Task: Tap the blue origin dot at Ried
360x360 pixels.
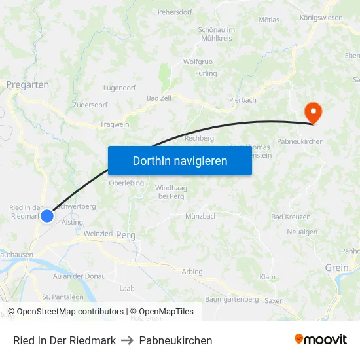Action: pyautogui.click(x=47, y=215)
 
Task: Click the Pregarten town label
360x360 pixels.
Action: pyautogui.click(x=27, y=84)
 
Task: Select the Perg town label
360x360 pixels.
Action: pyautogui.click(x=124, y=235)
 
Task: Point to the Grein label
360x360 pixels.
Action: pyautogui.click(x=337, y=267)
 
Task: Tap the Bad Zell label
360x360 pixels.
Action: pyautogui.click(x=160, y=98)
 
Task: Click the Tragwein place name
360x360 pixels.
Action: pyautogui.click(x=115, y=124)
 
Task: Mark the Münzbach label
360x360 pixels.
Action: pyautogui.click(x=202, y=216)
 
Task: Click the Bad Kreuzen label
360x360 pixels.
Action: pyautogui.click(x=291, y=217)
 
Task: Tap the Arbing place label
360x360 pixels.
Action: pyautogui.click(x=192, y=272)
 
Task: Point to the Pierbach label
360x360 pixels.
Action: pyautogui.click(x=243, y=100)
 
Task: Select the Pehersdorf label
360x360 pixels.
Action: pyautogui.click(x=175, y=12)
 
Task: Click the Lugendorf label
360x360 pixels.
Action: pyautogui.click(x=120, y=87)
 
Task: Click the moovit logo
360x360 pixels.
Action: pyautogui.click(x=321, y=340)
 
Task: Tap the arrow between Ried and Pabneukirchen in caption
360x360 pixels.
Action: pyautogui.click(x=128, y=340)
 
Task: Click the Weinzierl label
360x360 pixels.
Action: pyautogui.click(x=99, y=233)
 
